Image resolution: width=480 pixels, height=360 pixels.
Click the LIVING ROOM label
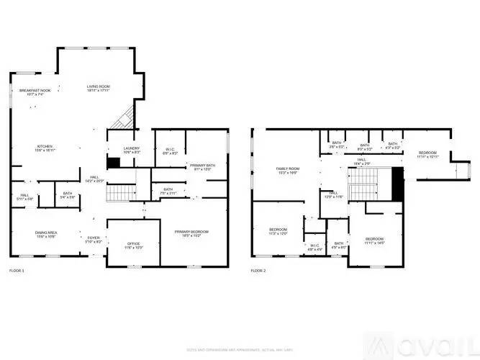98,86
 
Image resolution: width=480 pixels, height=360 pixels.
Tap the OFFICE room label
133,246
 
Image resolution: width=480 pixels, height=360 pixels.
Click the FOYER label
94,239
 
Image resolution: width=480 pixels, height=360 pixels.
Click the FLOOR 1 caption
17,271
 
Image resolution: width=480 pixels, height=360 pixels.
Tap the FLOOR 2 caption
258,271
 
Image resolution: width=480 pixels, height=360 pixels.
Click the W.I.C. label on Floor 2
314,246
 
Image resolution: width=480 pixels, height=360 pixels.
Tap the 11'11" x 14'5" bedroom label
374,240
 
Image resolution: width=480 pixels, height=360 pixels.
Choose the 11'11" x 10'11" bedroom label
429,154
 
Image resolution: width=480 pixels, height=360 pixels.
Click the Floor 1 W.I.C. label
170,151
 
